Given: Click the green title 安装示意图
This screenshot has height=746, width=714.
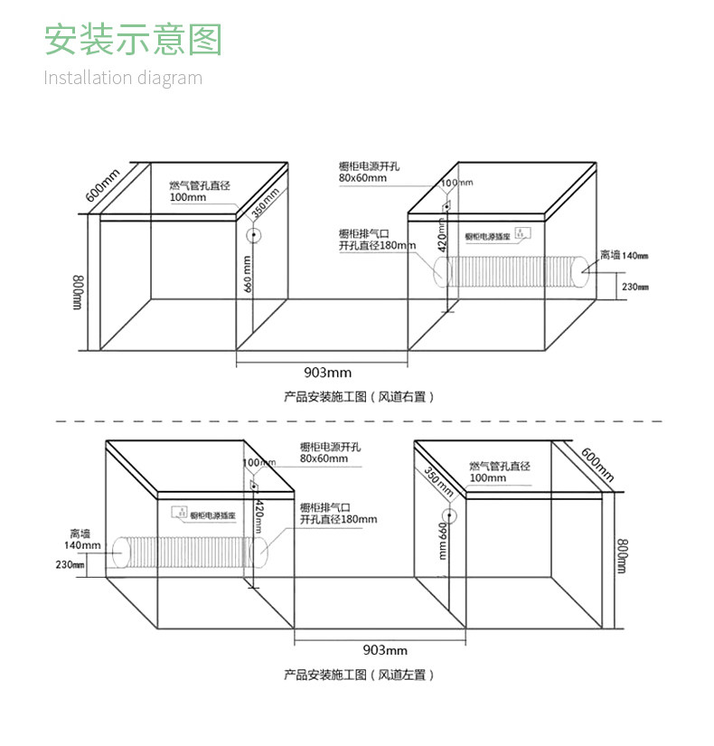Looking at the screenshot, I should click(x=133, y=41).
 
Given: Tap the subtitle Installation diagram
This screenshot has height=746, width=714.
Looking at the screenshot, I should click(x=123, y=78).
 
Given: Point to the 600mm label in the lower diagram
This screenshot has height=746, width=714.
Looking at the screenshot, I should click(x=597, y=464).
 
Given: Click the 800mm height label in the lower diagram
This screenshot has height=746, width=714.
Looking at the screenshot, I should click(x=622, y=555).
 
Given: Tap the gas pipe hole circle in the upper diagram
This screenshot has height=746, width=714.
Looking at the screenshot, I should click(x=254, y=236).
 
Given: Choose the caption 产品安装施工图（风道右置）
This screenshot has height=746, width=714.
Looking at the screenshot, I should click(x=359, y=396).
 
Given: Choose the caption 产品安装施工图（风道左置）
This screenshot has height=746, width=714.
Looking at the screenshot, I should click(x=359, y=675).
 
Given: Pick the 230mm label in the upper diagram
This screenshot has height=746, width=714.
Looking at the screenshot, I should click(x=635, y=287).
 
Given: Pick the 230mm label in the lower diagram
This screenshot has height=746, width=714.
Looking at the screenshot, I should click(x=70, y=565).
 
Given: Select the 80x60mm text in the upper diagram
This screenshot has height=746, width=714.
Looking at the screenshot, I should click(x=363, y=178).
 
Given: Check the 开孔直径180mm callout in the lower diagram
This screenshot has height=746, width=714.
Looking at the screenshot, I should click(x=338, y=519).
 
